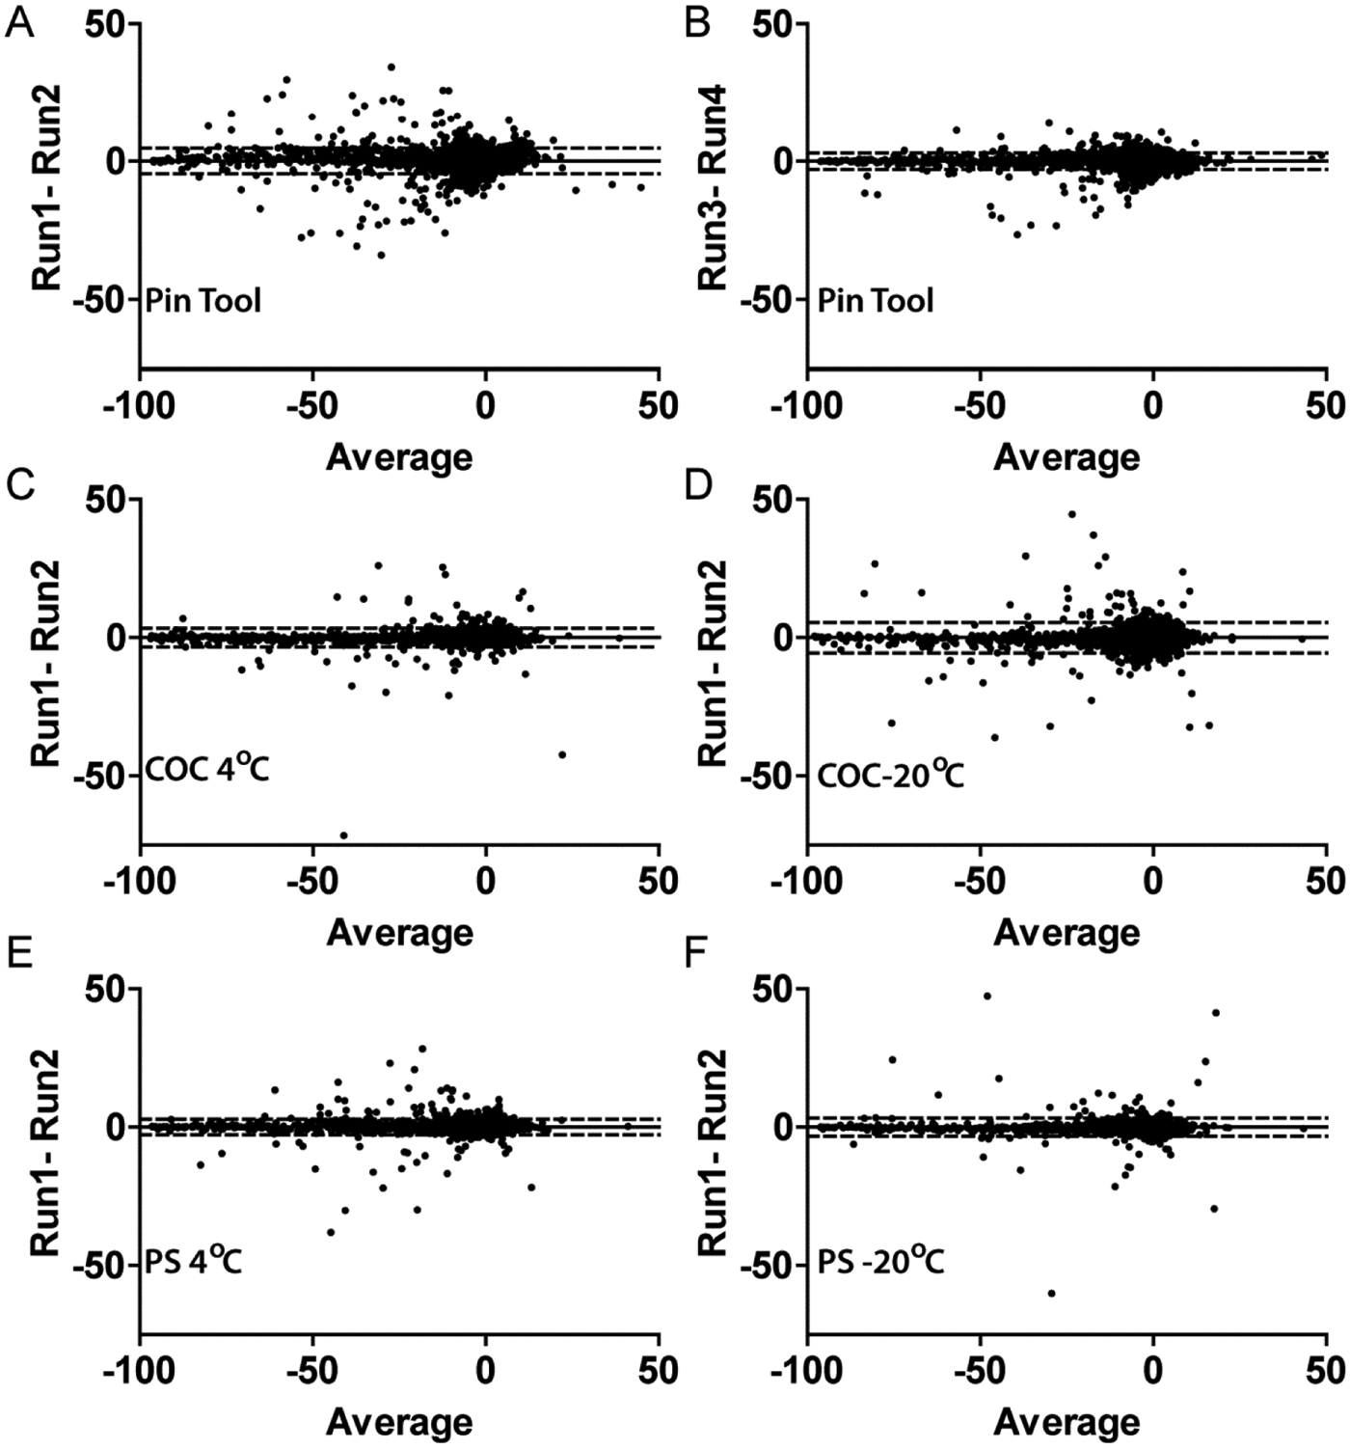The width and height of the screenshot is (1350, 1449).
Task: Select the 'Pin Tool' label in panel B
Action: pos(875,300)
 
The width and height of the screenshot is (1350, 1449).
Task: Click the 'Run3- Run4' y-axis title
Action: pos(712,187)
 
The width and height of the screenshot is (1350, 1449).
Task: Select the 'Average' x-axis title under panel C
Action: pos(399,933)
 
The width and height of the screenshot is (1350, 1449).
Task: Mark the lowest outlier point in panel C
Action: pos(343,835)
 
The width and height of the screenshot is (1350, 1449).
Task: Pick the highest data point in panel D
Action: pos(1071,514)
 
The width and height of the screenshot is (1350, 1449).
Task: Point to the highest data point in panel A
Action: pos(391,68)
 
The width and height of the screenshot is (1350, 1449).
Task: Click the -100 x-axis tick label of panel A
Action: pos(140,405)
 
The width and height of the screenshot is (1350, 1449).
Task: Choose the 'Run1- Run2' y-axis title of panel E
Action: pos(46,1163)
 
